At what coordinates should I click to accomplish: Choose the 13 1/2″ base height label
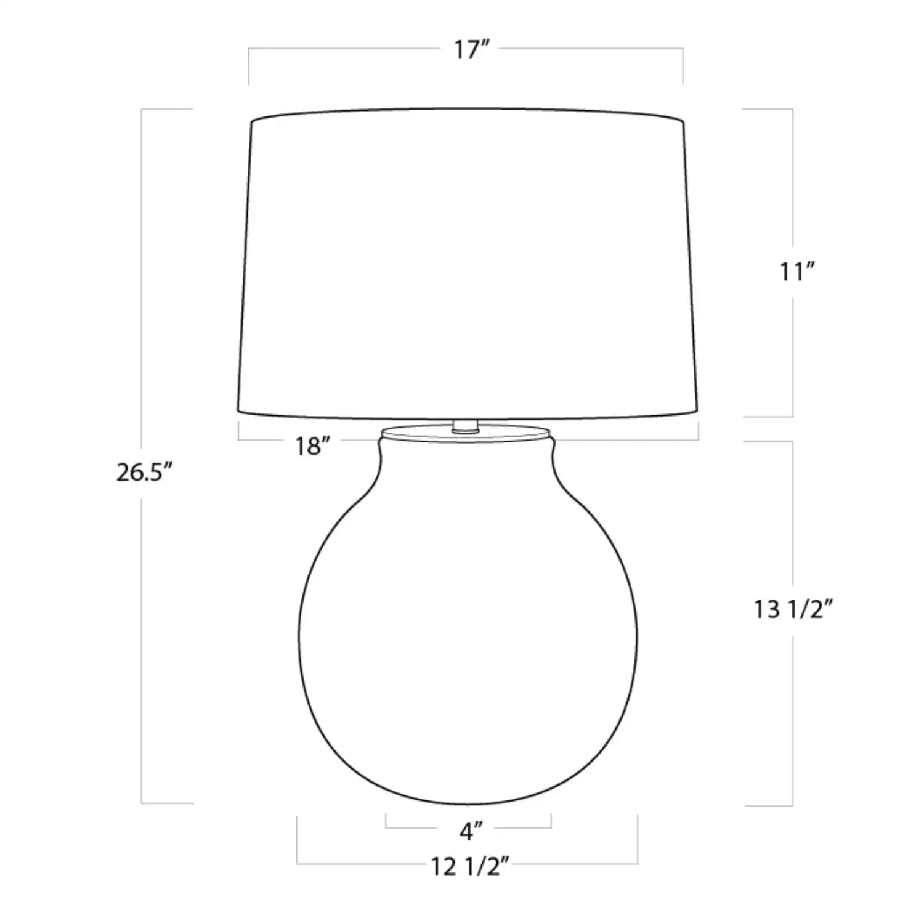coord(794,609)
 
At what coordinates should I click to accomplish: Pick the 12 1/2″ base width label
coord(469,867)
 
